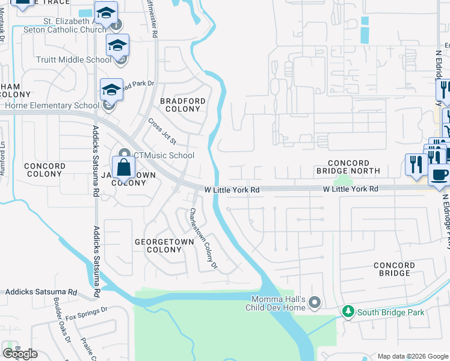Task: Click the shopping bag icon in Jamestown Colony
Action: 123,168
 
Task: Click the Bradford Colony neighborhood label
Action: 183,105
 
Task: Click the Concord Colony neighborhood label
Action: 45,170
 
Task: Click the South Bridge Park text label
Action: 390,312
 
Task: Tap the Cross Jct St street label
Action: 162,131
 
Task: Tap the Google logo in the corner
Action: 20,353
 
